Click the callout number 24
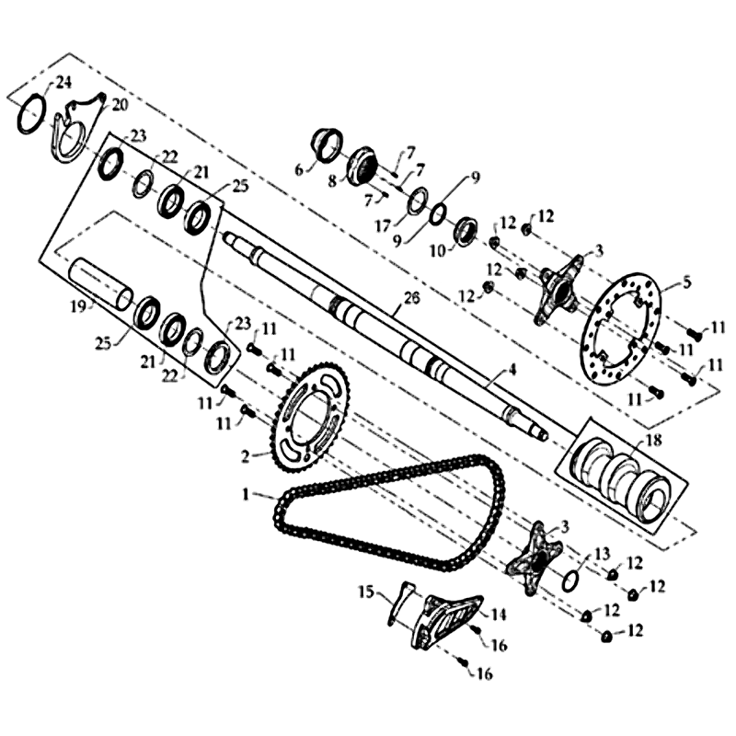point(63,83)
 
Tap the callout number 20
point(120,105)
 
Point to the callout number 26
point(411,298)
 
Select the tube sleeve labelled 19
point(100,283)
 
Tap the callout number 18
point(653,440)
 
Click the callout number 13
point(603,554)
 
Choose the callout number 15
point(366,592)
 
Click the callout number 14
point(499,614)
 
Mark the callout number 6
point(299,170)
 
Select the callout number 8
point(333,181)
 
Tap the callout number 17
point(383,226)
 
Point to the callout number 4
point(512,370)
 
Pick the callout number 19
point(78,307)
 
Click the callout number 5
point(687,282)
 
